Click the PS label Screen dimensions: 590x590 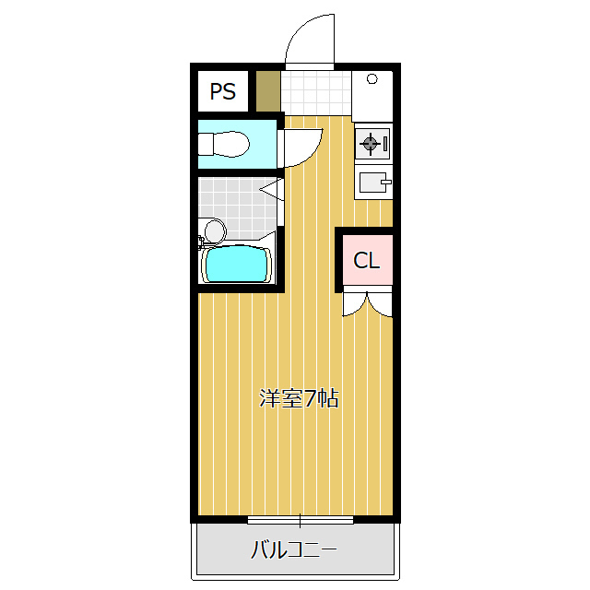click(223, 91)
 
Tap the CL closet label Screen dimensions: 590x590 click(367, 260)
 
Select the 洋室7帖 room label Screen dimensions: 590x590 click(299, 398)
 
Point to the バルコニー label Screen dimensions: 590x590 click(294, 549)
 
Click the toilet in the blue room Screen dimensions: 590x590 click(223, 144)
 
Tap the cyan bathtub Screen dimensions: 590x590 click(237, 264)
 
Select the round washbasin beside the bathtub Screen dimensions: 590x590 click(215, 230)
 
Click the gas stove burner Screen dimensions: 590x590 click(370, 143)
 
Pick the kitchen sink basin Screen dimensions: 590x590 click(372, 183)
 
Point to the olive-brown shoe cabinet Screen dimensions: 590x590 click(268, 91)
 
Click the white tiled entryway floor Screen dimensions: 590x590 click(316, 92)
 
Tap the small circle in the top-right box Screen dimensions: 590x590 click(372, 78)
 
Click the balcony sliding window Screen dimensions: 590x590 click(301, 520)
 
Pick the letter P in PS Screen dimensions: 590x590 click(217, 91)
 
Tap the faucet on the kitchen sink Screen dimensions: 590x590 click(386, 183)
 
